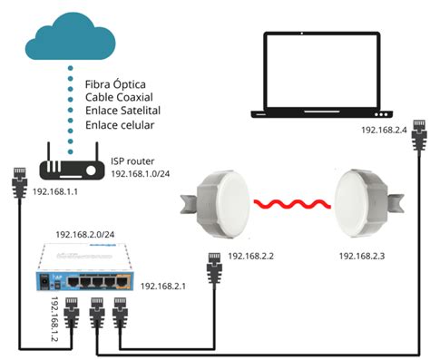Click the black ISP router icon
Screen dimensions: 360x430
(70, 166)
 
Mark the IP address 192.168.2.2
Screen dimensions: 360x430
(258, 257)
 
